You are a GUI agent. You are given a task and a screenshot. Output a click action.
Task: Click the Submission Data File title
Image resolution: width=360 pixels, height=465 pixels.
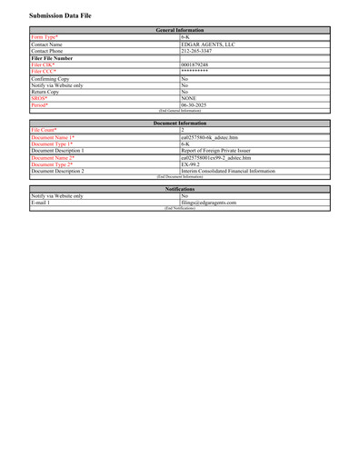60,16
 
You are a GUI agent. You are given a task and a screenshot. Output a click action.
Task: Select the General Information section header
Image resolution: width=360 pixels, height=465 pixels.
179,30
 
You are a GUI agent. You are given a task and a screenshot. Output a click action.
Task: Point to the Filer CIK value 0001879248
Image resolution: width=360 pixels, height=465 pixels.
195,65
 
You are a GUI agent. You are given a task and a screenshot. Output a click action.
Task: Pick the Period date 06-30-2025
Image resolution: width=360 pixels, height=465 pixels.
195,104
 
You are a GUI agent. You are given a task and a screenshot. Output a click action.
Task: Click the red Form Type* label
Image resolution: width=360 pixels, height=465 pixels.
45,37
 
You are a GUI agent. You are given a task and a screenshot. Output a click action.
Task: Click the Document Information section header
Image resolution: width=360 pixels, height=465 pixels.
179,123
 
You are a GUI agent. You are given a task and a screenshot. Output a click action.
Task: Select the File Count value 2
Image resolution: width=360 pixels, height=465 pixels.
183,130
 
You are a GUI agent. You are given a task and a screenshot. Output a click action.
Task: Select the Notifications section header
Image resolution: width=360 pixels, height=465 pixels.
179,188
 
